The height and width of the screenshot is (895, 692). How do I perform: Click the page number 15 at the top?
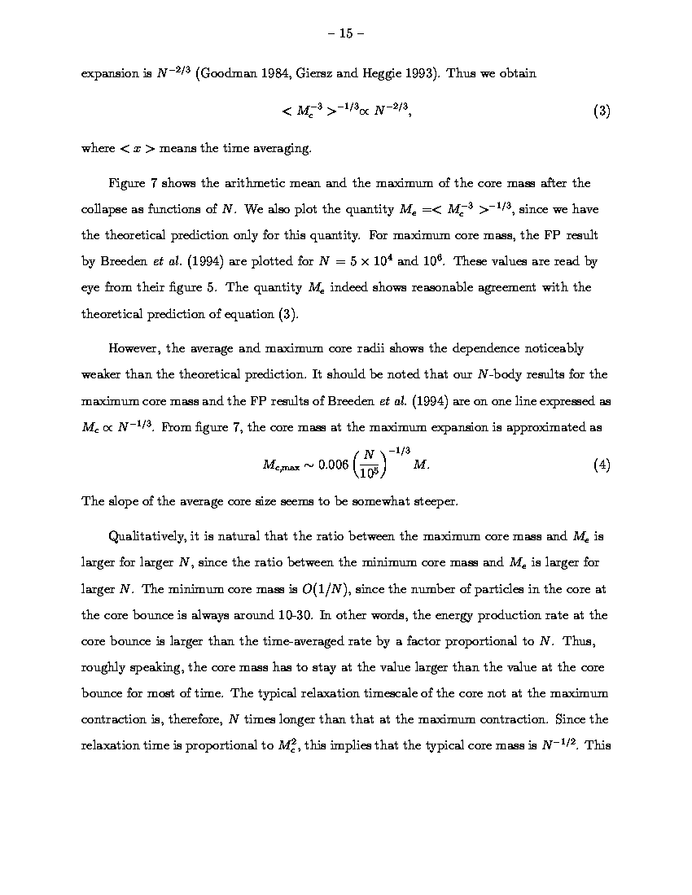click(x=345, y=33)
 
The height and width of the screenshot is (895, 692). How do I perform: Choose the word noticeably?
click(x=548, y=349)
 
